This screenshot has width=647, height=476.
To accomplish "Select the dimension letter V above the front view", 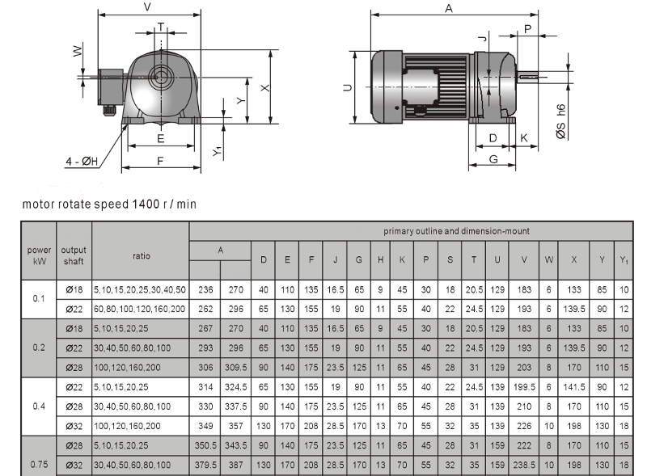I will [x=147, y=7].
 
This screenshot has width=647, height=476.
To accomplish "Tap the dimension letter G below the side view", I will [x=493, y=159].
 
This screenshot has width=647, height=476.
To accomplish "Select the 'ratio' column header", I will [x=140, y=255].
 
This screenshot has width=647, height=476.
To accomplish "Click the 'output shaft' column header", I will [x=74, y=255].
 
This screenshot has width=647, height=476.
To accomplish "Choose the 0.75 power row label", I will [x=39, y=464].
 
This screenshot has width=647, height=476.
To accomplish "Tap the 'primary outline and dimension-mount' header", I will [x=456, y=231].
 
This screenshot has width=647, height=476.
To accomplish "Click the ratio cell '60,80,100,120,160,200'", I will [x=140, y=308].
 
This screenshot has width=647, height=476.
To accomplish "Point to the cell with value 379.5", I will [x=205, y=465].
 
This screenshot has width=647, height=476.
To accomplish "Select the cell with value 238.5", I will [x=525, y=465].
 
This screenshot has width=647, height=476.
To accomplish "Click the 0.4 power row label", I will [x=39, y=406].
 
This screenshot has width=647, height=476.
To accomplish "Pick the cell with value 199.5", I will [x=525, y=386].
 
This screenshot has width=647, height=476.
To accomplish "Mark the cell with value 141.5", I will [x=574, y=386].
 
